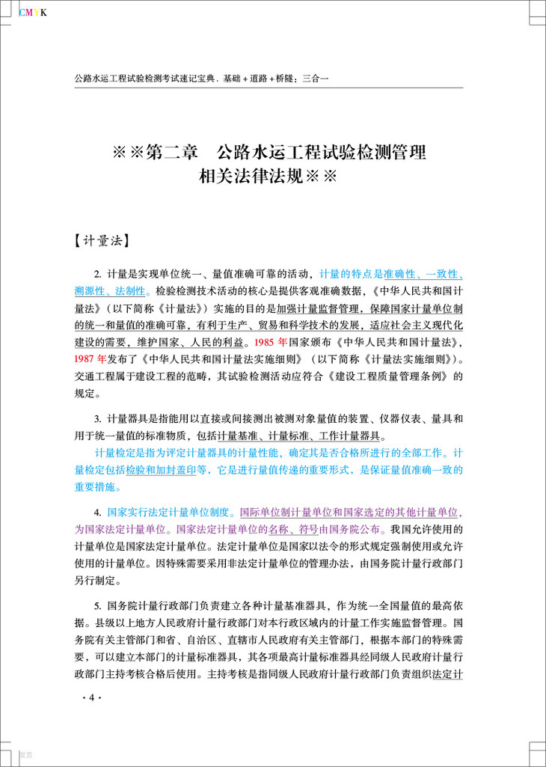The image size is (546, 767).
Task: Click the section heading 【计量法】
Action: (104, 241)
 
